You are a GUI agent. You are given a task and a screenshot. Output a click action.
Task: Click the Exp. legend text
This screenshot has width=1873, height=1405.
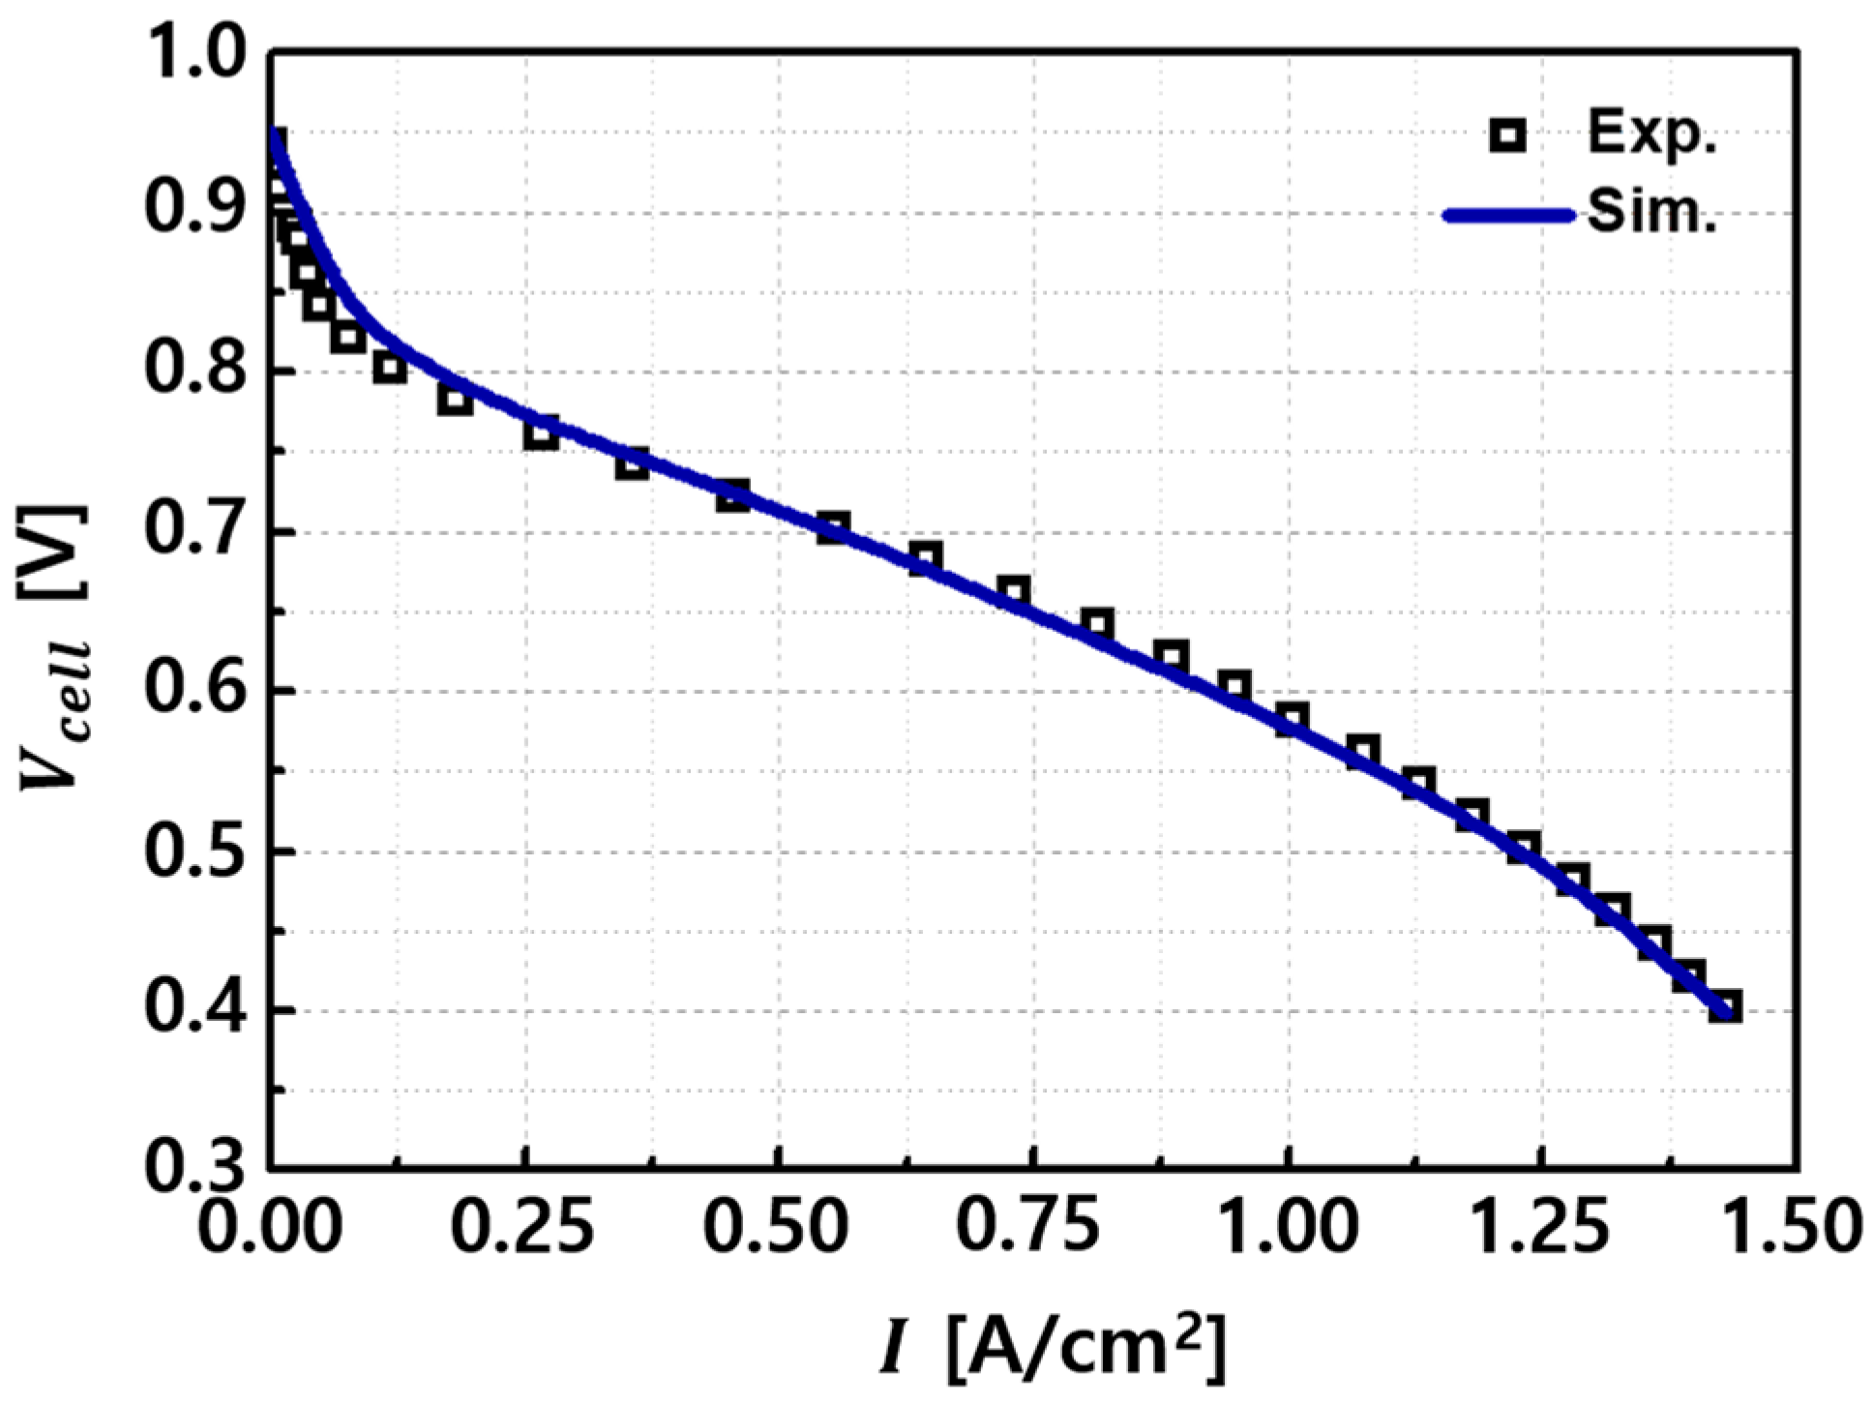(x=1651, y=136)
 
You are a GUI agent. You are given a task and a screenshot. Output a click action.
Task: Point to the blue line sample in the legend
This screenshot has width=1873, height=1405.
(x=1508, y=216)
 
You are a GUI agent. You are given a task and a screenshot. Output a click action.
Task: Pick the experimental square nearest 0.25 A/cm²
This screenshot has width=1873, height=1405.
(x=542, y=433)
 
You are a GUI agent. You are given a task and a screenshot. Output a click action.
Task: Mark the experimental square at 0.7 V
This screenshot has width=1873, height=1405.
(x=832, y=528)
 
